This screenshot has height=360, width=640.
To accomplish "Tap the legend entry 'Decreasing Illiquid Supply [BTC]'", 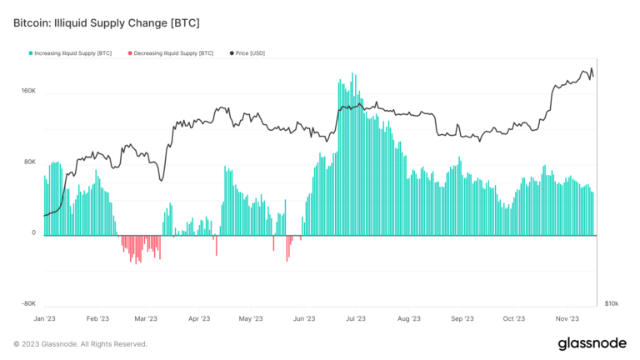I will click(173, 53).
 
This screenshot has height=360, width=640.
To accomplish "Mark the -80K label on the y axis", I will click(27, 304).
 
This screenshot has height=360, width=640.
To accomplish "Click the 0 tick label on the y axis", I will click(33, 233).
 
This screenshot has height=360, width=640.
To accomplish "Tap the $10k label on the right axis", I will click(612, 304).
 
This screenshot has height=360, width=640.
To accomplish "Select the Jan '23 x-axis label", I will click(45, 318).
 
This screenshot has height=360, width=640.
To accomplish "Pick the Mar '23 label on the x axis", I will click(146, 318).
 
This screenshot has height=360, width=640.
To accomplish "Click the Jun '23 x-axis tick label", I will click(305, 318).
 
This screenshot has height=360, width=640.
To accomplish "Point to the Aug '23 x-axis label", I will click(409, 318).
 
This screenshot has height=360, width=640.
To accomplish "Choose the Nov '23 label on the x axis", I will click(567, 318).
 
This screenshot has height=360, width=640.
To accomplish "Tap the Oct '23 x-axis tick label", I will click(514, 318).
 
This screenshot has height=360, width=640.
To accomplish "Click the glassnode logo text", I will click(592, 343).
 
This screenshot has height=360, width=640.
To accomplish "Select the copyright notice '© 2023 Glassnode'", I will click(80, 343).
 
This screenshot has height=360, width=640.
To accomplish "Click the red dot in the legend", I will click(130, 53).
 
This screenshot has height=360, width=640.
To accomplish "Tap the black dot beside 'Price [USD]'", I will click(221, 53).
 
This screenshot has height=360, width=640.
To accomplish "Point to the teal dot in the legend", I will click(31, 53).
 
